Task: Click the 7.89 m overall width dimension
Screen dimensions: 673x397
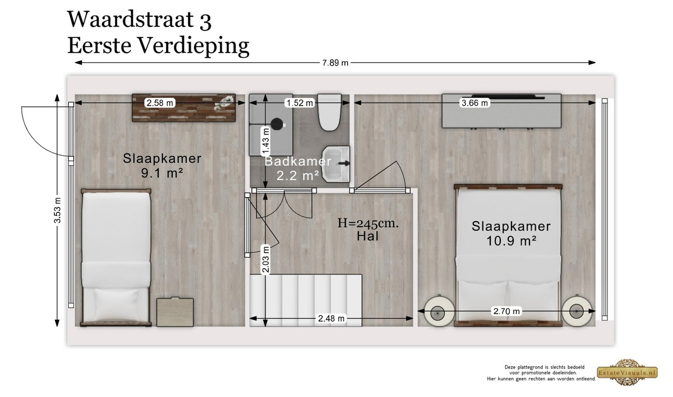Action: click(335, 63)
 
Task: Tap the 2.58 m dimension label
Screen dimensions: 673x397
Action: click(159, 103)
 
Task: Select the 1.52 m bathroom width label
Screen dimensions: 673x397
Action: click(299, 103)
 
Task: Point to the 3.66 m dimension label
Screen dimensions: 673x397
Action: click(474, 103)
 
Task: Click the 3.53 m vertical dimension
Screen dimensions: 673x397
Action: click(57, 211)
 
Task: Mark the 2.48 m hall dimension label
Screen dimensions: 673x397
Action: click(331, 319)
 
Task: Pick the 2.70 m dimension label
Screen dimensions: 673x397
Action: click(506, 311)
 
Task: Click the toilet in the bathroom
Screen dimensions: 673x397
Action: click(330, 113)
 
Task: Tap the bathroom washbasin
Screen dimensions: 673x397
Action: click(336, 164)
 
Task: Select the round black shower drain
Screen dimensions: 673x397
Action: click(276, 124)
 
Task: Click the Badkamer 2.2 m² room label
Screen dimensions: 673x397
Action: click(298, 169)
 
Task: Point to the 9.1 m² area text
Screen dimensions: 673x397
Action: click(162, 173)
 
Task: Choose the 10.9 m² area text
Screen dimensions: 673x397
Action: click(511, 241)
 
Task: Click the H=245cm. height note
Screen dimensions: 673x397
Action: click(368, 223)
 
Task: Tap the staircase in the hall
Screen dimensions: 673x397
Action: click(306, 300)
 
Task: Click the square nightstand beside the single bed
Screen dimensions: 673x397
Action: click(175, 312)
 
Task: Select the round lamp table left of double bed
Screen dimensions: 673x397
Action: click(439, 312)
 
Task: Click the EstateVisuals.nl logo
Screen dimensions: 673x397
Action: click(627, 372)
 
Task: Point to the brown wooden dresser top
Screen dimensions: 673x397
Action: click(184, 108)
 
